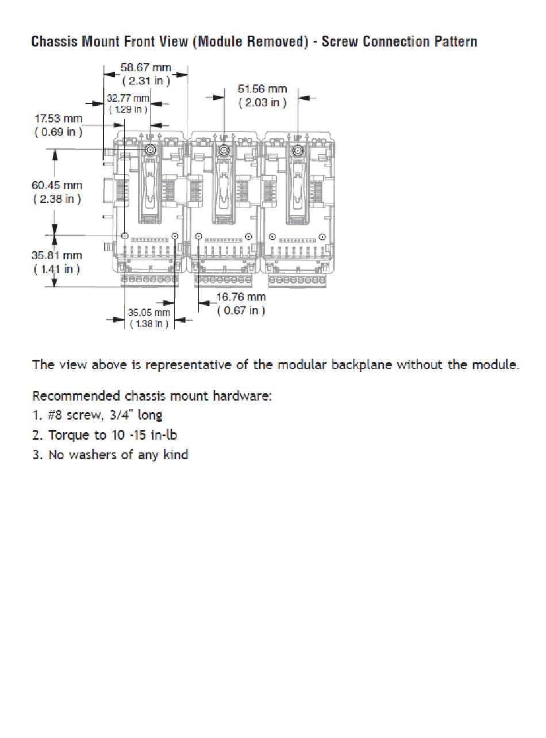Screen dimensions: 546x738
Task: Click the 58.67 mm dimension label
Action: [x=146, y=68]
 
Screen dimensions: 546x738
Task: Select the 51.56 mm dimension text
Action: [x=262, y=89]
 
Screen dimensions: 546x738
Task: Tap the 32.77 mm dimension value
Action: [x=128, y=98]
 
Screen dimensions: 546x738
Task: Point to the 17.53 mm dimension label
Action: [x=59, y=118]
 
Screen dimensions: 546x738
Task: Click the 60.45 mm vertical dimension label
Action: [x=57, y=185]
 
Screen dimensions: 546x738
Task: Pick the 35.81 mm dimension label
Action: [x=57, y=255]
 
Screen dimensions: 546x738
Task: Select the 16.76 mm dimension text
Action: [x=241, y=297]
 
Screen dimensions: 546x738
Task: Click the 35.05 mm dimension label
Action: [x=149, y=313]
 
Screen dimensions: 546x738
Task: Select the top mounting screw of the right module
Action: [x=298, y=151]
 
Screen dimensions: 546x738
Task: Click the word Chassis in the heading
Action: [x=54, y=41]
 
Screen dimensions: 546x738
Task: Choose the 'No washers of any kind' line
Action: [x=118, y=455]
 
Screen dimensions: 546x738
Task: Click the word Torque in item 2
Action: [x=68, y=435]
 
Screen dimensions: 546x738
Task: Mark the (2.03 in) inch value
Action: [x=262, y=102]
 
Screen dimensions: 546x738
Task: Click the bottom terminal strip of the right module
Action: [x=297, y=280]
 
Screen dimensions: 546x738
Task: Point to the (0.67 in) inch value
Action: [x=241, y=310]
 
